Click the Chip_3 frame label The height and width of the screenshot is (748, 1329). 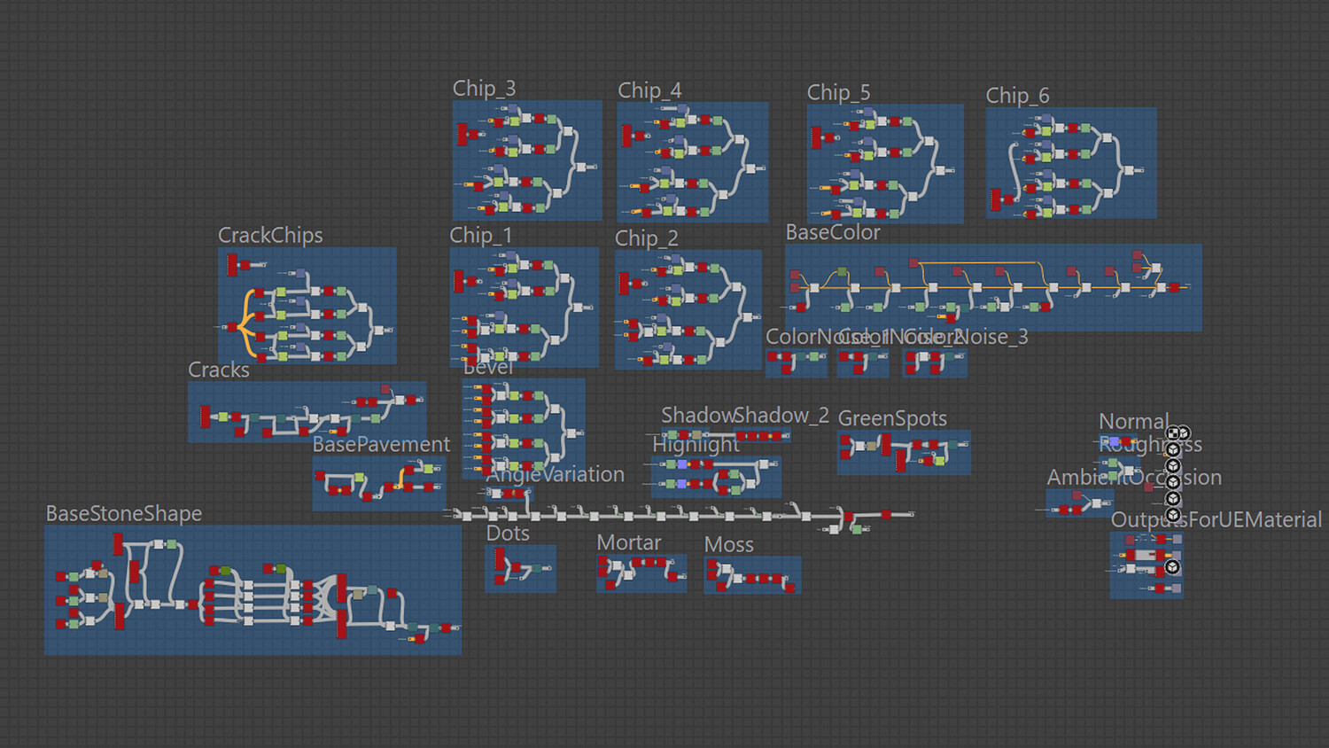pyautogui.click(x=484, y=89)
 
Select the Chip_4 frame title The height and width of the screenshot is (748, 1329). pyautogui.click(x=649, y=90)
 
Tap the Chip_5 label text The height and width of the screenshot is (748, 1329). pyautogui.click(x=838, y=92)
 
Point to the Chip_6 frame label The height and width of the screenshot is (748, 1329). pyautogui.click(x=1017, y=96)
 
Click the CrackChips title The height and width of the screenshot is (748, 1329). pyautogui.click(x=270, y=235)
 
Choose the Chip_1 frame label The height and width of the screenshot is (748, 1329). pyautogui.click(x=480, y=236)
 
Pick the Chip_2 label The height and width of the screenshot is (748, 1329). pyautogui.click(x=646, y=238)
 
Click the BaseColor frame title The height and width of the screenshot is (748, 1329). pyautogui.click(x=833, y=232)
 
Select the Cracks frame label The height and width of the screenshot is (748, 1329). pyautogui.click(x=219, y=370)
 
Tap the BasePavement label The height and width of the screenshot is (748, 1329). pyautogui.click(x=381, y=444)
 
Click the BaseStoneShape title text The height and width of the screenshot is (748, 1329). pyautogui.click(x=124, y=514)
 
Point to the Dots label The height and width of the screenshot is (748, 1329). pyautogui.click(x=508, y=534)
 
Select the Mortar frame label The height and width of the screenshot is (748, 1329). pyautogui.click(x=629, y=542)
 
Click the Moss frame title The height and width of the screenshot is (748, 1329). pyautogui.click(x=729, y=545)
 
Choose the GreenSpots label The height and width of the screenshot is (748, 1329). pyautogui.click(x=892, y=418)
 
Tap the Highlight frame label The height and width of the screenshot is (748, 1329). pyautogui.click(x=696, y=445)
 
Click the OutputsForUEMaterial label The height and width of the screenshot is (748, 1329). pyautogui.click(x=1216, y=520)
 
